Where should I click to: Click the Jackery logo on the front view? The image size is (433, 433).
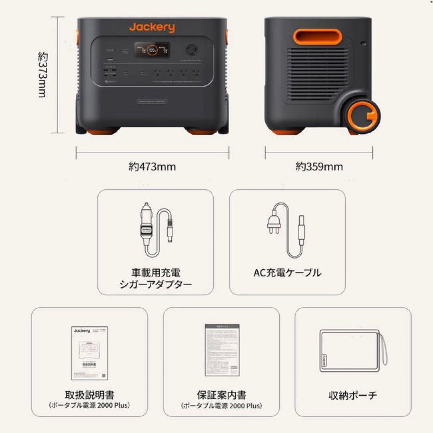(152, 28)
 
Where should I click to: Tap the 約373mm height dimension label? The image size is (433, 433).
(42, 75)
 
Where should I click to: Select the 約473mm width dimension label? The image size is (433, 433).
(152, 166)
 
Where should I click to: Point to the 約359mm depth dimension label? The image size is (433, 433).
(319, 166)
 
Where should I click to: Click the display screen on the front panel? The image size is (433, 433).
(152, 50)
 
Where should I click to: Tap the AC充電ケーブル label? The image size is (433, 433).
(287, 273)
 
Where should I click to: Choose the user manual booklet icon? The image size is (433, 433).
(90, 352)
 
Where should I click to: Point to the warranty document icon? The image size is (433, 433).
(222, 350)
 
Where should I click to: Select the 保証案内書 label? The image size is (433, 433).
(221, 395)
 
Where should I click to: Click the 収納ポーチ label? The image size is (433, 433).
(353, 395)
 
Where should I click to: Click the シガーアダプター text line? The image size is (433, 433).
(156, 285)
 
